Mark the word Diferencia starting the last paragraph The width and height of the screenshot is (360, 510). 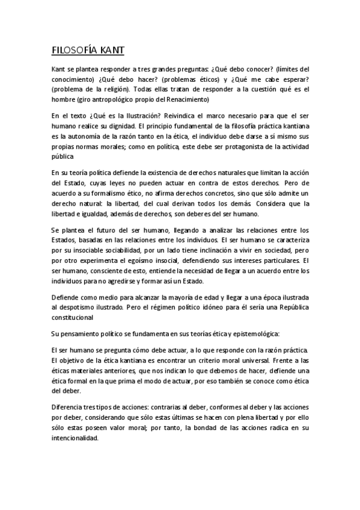point(69,407)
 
